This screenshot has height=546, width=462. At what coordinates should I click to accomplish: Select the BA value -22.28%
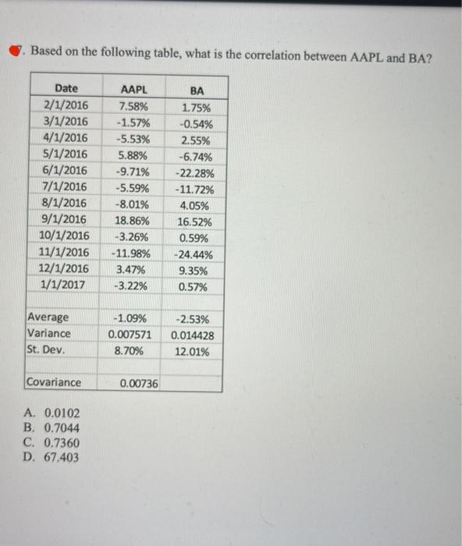pyautogui.click(x=193, y=172)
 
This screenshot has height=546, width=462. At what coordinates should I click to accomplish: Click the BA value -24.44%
pyautogui.click(x=193, y=254)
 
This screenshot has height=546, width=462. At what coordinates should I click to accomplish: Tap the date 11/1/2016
pyautogui.click(x=64, y=252)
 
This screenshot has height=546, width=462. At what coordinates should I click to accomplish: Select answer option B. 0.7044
pyautogui.click(x=52, y=428)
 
